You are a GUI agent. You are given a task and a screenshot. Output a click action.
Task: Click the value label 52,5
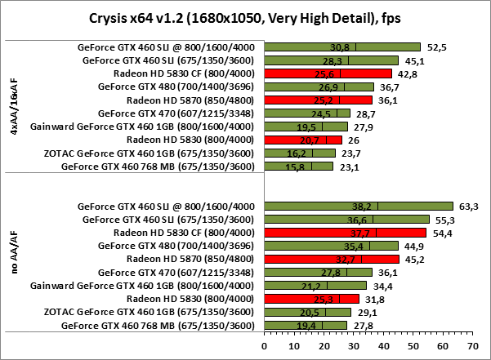pyautogui.click(x=431, y=47)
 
